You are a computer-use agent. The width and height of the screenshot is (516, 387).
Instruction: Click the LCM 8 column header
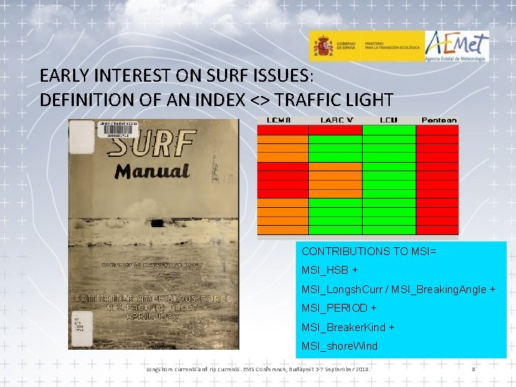point(282,120)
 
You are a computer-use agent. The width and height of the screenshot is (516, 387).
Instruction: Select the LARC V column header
point(335,120)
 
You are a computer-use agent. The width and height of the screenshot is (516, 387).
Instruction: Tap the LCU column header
point(388,120)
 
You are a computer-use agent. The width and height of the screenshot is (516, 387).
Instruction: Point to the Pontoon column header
point(439,120)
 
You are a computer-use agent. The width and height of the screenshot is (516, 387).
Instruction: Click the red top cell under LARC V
point(335,130)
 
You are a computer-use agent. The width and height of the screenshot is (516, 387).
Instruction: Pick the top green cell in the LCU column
point(388,130)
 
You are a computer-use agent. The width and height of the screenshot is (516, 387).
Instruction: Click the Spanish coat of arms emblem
point(322,47)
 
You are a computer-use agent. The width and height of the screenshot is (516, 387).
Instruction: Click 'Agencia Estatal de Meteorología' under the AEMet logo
point(457,59)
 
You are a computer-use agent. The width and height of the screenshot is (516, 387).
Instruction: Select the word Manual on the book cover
point(152,172)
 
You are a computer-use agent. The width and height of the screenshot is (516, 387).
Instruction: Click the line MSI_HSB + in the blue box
point(330,271)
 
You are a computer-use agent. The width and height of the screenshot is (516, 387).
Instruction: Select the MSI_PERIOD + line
point(339,308)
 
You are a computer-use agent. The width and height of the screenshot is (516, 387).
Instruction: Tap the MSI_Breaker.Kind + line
point(348,327)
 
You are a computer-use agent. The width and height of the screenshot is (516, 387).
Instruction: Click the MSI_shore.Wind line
point(339,346)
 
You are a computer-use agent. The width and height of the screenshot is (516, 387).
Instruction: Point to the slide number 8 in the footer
point(473,369)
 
